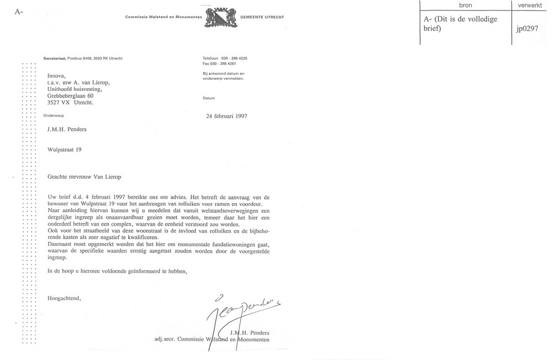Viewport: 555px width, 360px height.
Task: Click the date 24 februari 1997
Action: point(226,116)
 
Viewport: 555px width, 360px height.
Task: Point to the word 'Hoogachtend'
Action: point(64,298)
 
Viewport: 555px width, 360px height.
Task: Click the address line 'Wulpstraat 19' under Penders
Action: point(65,149)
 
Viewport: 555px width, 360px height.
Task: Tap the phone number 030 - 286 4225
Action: point(234,58)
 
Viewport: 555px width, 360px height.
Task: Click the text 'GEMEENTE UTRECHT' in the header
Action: point(262,17)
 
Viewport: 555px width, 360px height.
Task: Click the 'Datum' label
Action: point(209,98)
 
